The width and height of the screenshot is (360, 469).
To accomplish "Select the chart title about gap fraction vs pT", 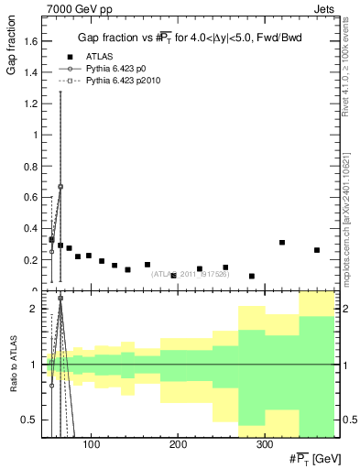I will pyautogui.click(x=191, y=38).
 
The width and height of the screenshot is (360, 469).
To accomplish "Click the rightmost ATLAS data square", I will pyautogui.click(x=317, y=250).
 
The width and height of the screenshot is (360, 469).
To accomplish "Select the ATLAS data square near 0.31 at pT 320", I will pyautogui.click(x=282, y=243).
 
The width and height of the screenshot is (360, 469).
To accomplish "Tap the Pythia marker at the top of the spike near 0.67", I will pyautogui.click(x=60, y=187).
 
